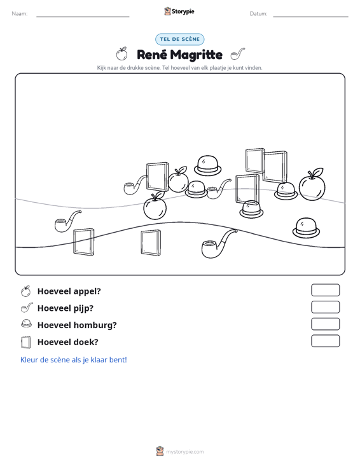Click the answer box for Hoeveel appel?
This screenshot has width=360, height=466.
325,290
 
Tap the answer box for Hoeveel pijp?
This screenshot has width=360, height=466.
325,307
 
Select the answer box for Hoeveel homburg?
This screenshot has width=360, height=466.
325,324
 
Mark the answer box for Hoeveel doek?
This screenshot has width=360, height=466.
325,341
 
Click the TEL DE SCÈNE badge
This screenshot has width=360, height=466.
180,39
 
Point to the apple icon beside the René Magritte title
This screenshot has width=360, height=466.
121,54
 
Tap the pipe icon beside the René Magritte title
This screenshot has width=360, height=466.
237,54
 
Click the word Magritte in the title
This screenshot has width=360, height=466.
197,55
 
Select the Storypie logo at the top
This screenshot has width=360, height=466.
179,11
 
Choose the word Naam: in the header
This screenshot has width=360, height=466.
20,14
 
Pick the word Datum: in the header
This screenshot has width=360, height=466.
258,14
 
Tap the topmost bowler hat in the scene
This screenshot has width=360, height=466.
208,165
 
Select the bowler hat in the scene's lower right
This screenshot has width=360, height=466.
306,228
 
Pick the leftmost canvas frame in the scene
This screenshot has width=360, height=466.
84,242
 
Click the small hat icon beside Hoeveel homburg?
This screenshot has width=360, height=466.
26,324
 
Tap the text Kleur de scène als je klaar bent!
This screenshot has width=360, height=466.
73,360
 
